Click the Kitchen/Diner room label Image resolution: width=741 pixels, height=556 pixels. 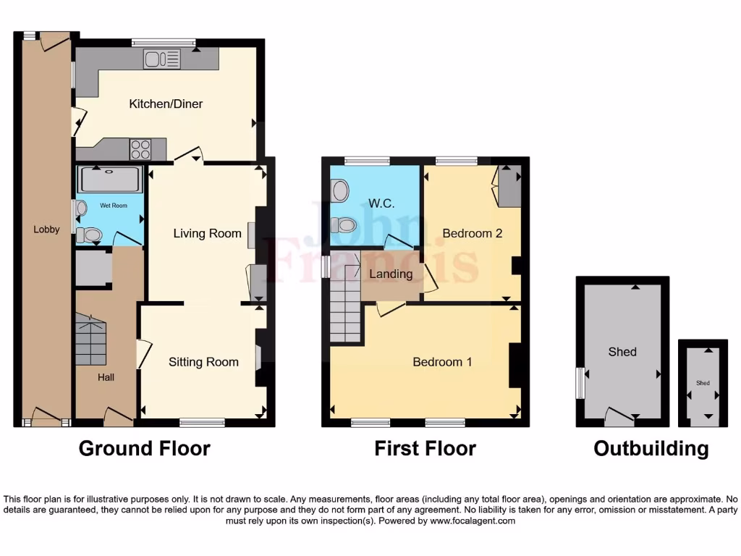click(x=166, y=104)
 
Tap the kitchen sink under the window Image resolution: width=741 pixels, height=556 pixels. click(x=161, y=59)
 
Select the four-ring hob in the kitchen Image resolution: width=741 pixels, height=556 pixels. click(x=140, y=149)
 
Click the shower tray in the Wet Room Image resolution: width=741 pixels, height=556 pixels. click(x=109, y=180)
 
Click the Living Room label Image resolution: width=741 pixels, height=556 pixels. click(x=207, y=233)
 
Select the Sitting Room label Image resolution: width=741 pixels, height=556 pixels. click(x=203, y=362)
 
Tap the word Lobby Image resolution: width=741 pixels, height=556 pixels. click(x=46, y=229)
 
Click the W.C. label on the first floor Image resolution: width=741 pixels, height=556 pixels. click(x=381, y=203)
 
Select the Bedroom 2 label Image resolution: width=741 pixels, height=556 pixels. click(x=472, y=233)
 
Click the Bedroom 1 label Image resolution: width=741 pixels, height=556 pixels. click(x=442, y=362)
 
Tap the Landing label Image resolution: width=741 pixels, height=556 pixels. click(x=391, y=274)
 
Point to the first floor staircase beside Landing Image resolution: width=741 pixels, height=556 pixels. click(x=345, y=304)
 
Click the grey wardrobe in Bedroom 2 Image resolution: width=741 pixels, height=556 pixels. click(x=509, y=185)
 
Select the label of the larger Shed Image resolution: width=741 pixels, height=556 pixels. click(x=622, y=352)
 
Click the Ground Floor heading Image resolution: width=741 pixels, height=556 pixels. click(x=144, y=449)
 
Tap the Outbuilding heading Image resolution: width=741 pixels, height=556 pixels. click(x=651, y=449)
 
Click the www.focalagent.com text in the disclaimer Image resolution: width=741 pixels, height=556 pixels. click(x=473, y=521)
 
